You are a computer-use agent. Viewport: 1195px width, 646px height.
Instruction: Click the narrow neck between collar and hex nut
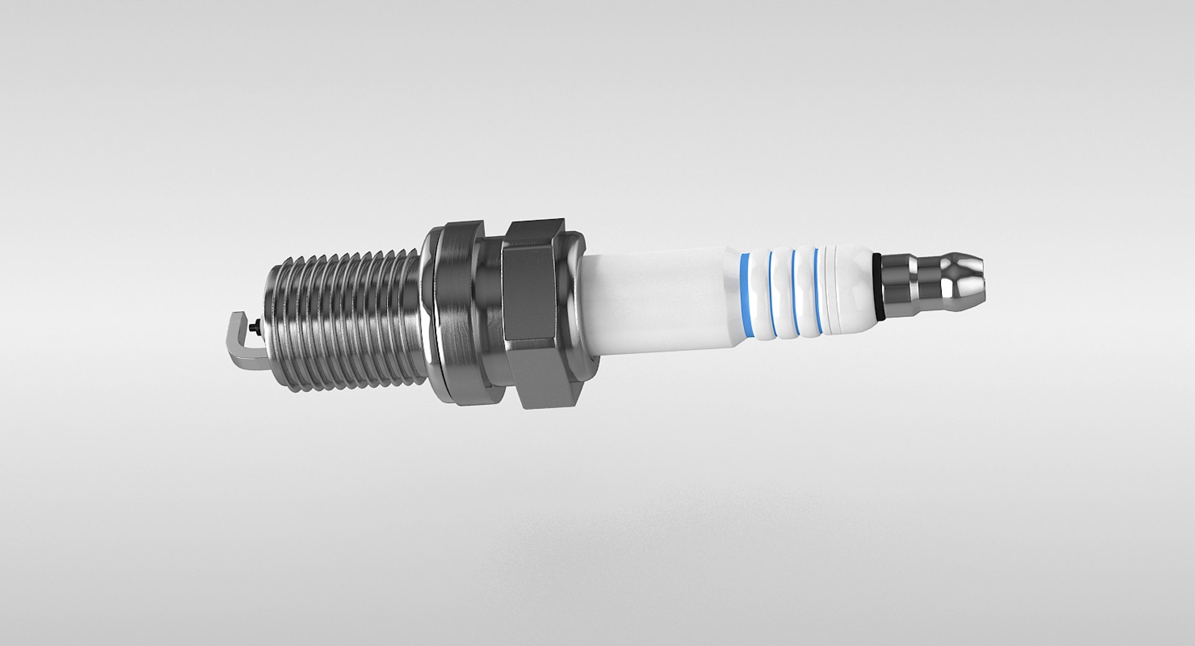[x=495, y=305]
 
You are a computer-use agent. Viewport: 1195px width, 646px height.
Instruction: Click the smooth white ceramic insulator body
[x=660, y=299]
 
